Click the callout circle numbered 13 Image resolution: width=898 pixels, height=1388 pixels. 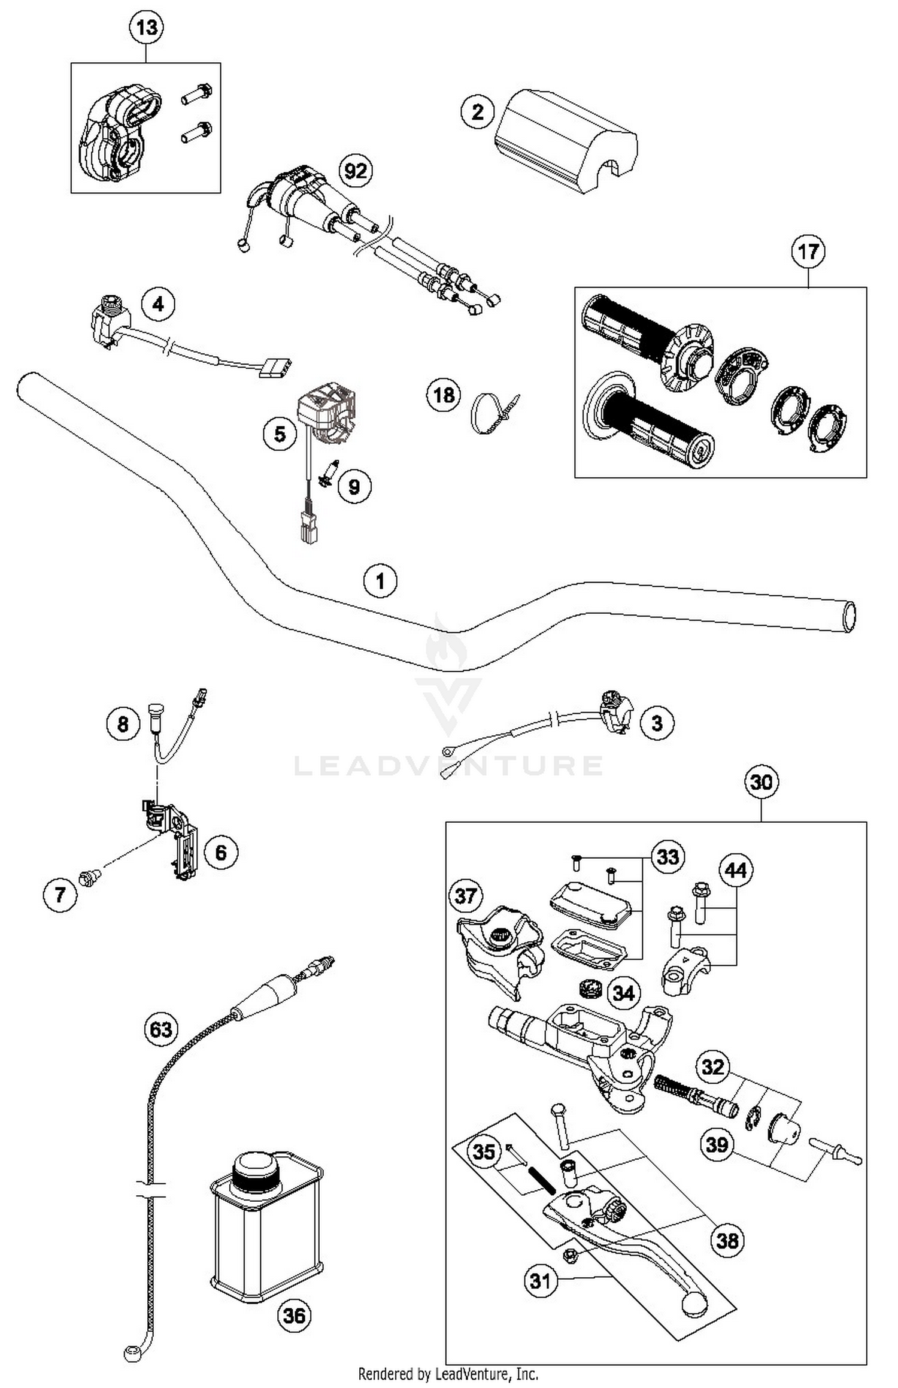tap(147, 28)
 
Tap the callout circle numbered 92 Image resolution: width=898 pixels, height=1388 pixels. tap(356, 171)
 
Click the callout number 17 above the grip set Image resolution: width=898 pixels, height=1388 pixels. tap(808, 251)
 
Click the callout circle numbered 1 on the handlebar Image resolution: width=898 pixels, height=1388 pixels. tap(380, 581)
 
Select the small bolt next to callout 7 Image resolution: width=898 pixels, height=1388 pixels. tap(90, 878)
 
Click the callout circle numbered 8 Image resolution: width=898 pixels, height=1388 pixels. tap(123, 725)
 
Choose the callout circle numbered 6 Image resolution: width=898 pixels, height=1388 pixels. tap(221, 852)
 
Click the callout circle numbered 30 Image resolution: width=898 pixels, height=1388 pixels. tap(761, 782)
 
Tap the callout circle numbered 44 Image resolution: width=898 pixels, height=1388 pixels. tap(736, 870)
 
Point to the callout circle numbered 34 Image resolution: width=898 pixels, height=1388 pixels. tap(623, 993)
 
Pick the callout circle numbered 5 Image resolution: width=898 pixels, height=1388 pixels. tap(280, 434)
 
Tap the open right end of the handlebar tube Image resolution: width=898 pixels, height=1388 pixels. tap(849, 616)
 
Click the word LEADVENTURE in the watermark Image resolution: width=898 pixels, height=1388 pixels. tap(448, 766)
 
